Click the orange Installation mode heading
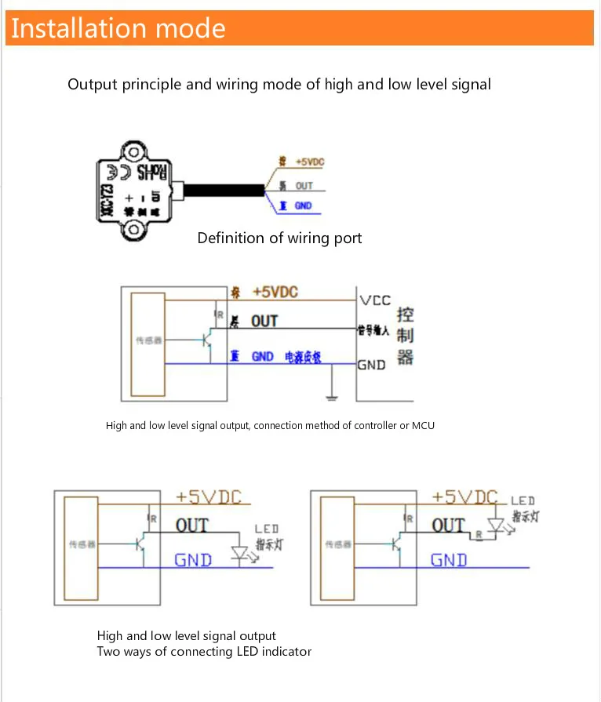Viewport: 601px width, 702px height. tap(118, 29)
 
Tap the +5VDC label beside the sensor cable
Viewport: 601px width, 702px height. tap(309, 162)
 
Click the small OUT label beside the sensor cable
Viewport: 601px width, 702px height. tap(304, 186)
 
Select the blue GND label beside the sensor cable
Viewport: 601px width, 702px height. tap(303, 206)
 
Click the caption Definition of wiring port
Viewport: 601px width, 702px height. tap(279, 238)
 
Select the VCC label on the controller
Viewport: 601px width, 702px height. tap(374, 300)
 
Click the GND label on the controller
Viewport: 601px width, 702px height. tap(371, 365)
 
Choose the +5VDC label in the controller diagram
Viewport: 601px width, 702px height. tap(275, 292)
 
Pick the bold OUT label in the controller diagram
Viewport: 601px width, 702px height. tap(264, 322)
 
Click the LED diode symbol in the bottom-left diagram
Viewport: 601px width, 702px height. tap(241, 554)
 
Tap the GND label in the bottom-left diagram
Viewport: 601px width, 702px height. tap(193, 560)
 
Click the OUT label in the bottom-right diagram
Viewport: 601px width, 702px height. tap(449, 525)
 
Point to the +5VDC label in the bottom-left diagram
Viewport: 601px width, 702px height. tap(208, 496)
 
